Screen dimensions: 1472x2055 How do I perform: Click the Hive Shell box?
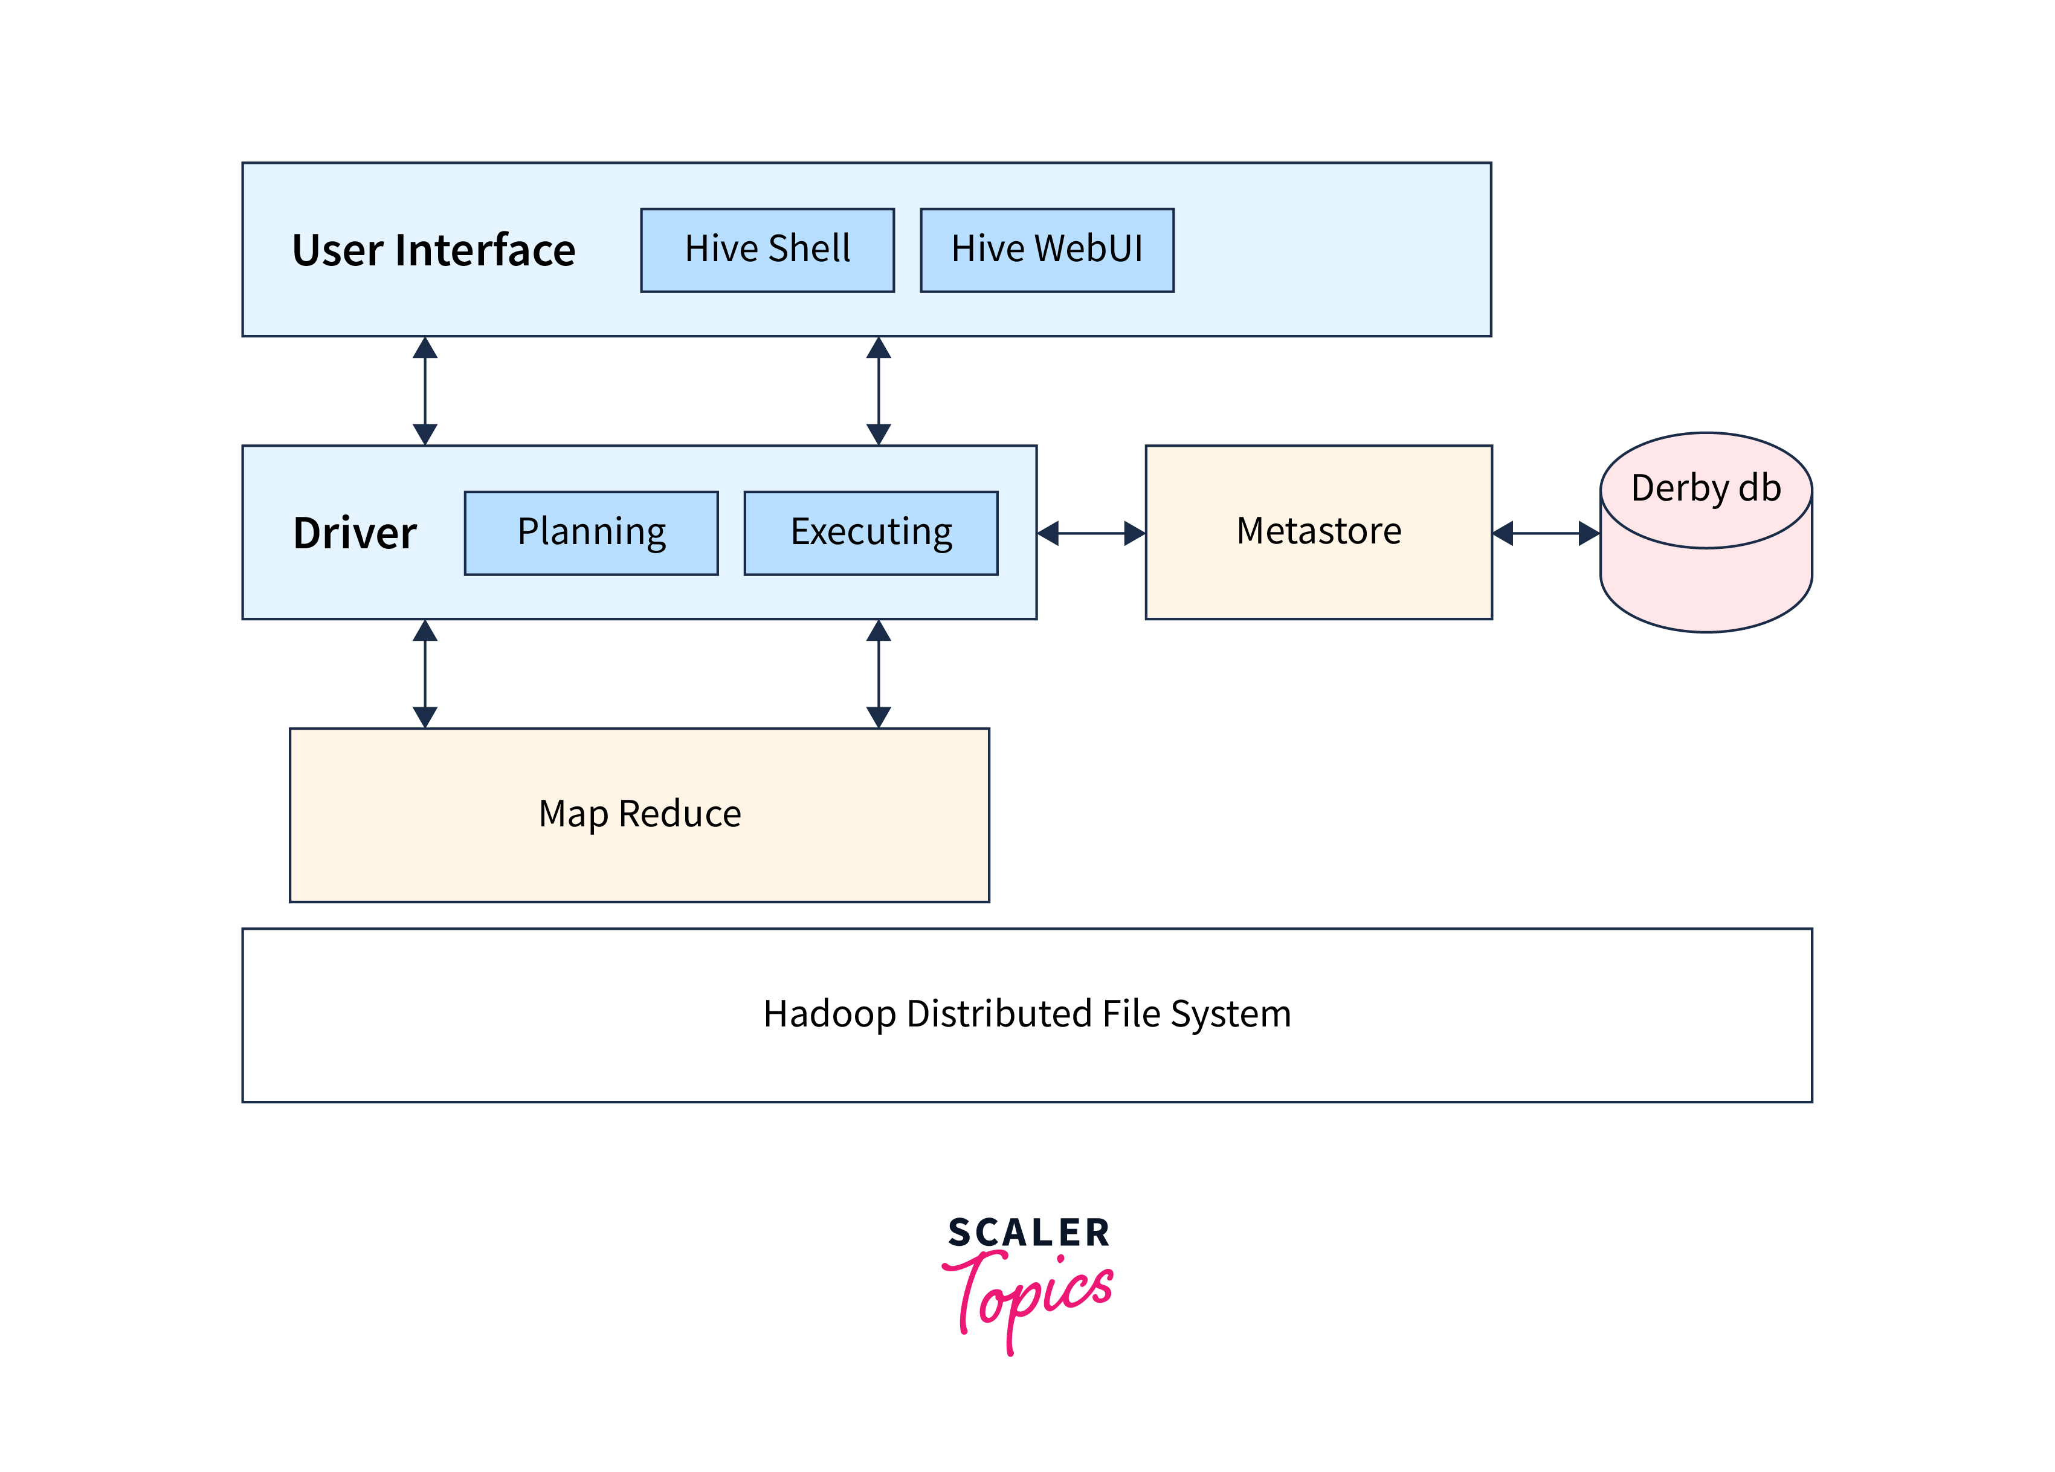coord(767,250)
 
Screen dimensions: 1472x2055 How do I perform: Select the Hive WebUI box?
coord(1047,250)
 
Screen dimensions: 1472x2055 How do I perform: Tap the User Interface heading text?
coord(433,250)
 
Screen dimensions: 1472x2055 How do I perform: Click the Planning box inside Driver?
coord(591,533)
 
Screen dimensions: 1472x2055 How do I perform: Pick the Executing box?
coord(871,533)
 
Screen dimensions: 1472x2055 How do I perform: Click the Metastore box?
coord(1318,532)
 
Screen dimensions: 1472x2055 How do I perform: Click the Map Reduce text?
coord(640,814)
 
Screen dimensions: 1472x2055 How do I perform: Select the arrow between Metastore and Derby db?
coord(1546,533)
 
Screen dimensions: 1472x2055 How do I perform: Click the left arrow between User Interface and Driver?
coord(425,391)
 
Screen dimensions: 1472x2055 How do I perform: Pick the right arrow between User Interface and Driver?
coord(878,391)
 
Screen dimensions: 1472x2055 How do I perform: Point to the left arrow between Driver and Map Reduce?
coord(425,673)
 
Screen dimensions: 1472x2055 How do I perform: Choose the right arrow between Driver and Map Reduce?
coord(878,673)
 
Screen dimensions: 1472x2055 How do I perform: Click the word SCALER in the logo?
coord(1028,1233)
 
